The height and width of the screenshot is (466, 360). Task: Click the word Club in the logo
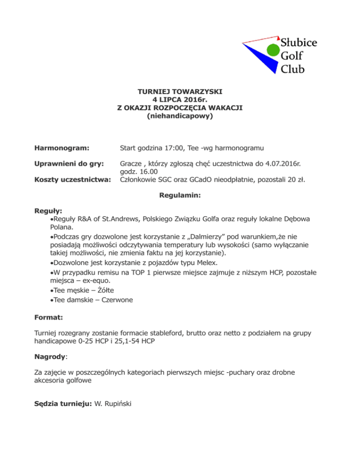[x=292, y=69]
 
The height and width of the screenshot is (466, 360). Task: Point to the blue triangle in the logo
[x=262, y=61]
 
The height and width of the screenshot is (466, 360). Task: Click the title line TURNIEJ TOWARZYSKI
[x=180, y=92]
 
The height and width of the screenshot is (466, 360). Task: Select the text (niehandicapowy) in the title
[x=180, y=114]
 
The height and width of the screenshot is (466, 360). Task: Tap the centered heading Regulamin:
[x=180, y=199]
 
